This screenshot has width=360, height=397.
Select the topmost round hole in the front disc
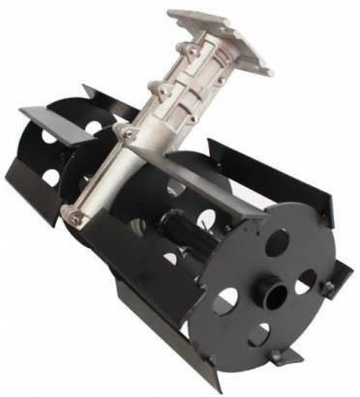[277, 242]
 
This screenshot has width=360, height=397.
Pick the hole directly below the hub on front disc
[258, 333]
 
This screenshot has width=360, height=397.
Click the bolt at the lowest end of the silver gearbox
[74, 215]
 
